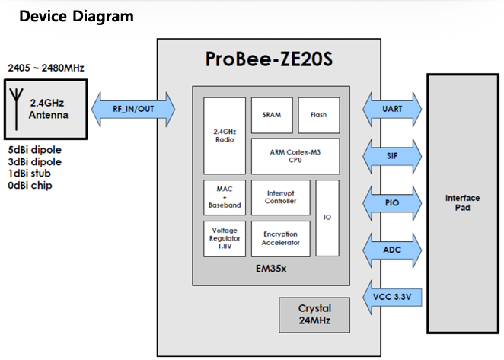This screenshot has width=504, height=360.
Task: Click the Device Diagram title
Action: coord(76,16)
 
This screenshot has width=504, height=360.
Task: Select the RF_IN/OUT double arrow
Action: coord(133,109)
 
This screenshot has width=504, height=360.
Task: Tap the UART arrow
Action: coord(392,109)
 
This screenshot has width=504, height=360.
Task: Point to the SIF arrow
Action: coord(392,156)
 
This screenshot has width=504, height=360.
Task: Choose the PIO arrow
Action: coord(392,202)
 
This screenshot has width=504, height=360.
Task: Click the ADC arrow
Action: coord(392,250)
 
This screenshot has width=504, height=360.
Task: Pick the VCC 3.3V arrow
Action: coord(392,297)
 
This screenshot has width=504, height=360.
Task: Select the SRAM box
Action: coord(272,115)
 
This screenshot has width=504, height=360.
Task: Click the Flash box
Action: coord(319,115)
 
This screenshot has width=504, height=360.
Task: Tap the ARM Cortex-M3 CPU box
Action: coord(295,156)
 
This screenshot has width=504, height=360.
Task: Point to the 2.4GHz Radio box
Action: coord(225,135)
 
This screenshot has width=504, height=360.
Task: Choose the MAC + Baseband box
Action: coord(225,197)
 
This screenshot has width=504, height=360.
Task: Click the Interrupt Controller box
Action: coord(281,197)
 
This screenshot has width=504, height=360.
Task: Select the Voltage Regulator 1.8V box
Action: coord(225,238)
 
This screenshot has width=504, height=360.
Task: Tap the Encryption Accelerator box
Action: coord(281,238)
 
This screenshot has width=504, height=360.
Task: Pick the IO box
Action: coord(327,218)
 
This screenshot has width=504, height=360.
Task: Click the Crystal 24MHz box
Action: coord(314,314)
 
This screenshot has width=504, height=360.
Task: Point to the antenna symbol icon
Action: coord(17,110)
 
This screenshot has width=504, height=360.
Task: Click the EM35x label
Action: coord(271,269)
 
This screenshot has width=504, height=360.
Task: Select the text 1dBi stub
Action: coord(29,174)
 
